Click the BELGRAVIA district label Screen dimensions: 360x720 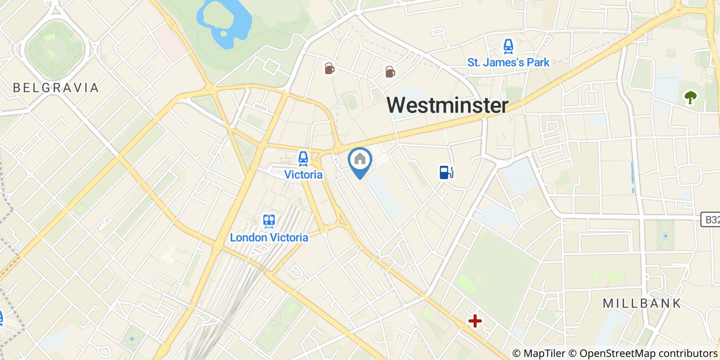coord(56,88)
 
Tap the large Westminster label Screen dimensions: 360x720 coord(447,105)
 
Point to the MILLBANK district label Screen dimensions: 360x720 coord(642,303)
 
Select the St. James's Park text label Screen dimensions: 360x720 coord(508,63)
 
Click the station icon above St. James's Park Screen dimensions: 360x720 coord(508,47)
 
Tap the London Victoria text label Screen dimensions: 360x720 coord(269,238)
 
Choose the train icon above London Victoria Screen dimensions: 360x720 coord(268,221)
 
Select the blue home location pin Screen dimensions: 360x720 coord(360,161)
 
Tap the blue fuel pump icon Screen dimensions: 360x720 coord(446,172)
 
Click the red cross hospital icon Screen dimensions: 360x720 coord(475,321)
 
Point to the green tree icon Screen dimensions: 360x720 coord(690,97)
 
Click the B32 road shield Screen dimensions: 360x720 coord(711,220)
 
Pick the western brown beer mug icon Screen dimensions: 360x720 coord(329,68)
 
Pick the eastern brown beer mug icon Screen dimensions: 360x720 coord(390,73)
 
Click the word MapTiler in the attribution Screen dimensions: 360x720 coord(543,353)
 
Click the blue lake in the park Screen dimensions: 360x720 coord(226,21)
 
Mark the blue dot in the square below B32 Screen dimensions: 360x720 coord(665,236)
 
